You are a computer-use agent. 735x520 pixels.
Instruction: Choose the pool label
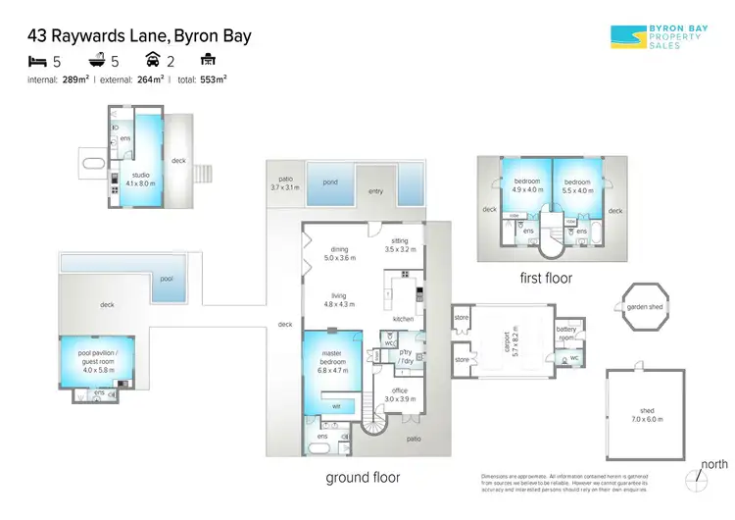tap(167, 278)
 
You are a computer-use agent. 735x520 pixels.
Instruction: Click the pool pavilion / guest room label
tap(98, 359)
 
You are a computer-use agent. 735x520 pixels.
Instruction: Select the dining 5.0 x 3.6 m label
tap(340, 253)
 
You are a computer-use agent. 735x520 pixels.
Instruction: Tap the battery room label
tap(566, 334)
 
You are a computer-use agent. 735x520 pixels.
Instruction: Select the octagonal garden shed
tap(645, 308)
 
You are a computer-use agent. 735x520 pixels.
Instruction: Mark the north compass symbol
tap(697, 480)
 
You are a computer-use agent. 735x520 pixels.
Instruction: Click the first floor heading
tap(545, 278)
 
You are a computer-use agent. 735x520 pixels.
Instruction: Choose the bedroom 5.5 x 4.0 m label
tap(578, 185)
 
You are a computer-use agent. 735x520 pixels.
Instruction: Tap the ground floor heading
tap(363, 477)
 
